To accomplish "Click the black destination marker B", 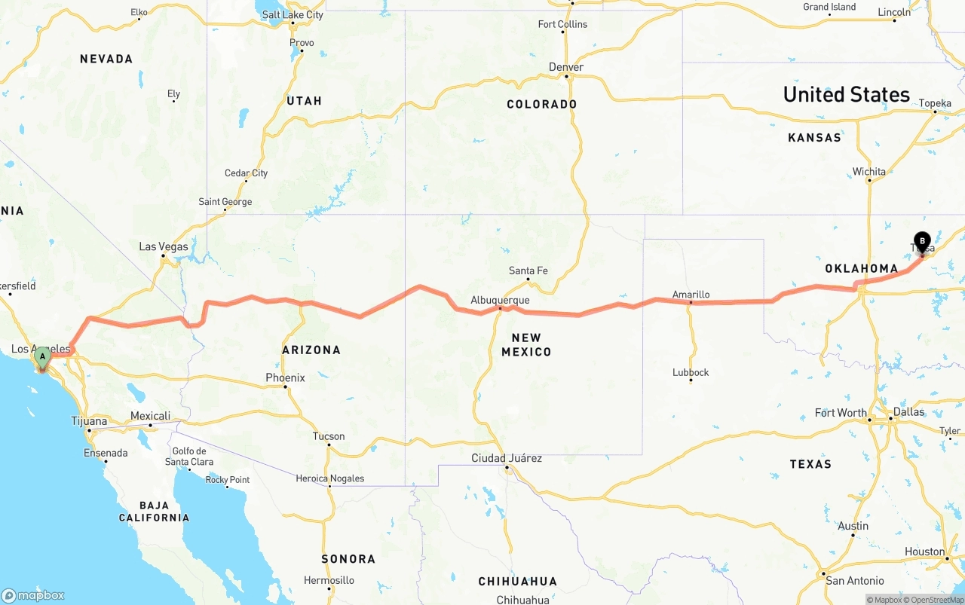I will click(922, 243).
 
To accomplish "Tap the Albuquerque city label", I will click(500, 300).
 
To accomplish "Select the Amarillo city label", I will click(691, 295).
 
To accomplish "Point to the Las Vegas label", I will click(164, 246).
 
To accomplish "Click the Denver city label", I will click(566, 67).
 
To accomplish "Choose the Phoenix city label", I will click(285, 377).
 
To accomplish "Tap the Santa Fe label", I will click(528, 270).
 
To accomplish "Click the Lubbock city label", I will click(691, 372).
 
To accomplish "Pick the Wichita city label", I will click(869, 172).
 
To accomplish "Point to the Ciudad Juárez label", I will click(507, 458).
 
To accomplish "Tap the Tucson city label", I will click(329, 436).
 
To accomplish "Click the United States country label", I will click(846, 94).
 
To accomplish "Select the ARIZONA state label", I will click(311, 350).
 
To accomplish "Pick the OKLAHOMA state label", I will click(861, 268).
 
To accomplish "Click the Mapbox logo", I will click(33, 595).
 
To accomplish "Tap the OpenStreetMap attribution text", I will click(936, 600).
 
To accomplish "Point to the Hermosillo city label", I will click(329, 580).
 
